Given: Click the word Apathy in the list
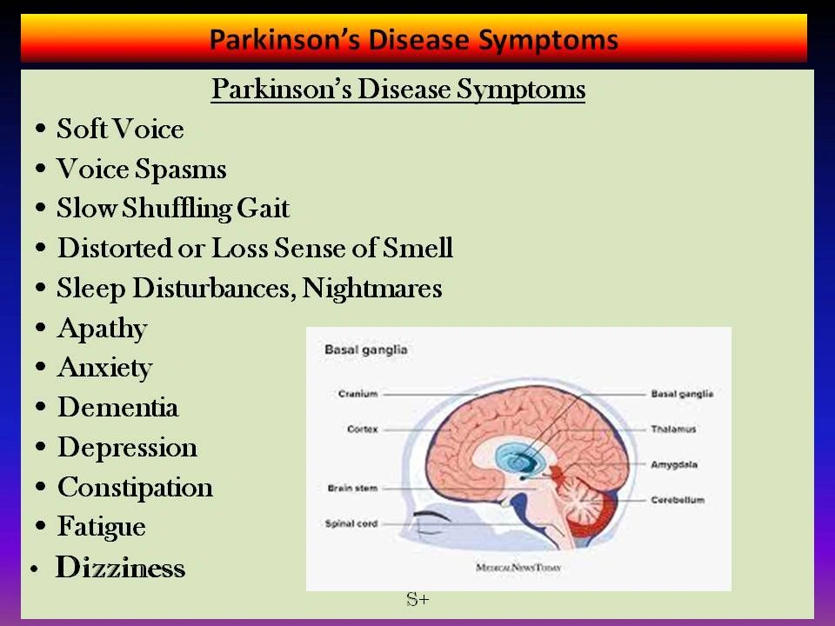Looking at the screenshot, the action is (x=103, y=329).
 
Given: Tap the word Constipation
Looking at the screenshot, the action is (x=136, y=488).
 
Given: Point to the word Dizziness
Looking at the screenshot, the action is (x=120, y=567).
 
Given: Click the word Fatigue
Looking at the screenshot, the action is (x=101, y=527).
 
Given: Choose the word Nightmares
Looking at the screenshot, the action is (x=371, y=289).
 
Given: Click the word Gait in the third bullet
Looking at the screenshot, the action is (x=263, y=208).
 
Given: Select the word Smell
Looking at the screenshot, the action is (x=417, y=248).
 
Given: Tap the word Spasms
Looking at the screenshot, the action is (x=181, y=170).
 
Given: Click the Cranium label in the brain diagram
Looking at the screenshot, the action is (x=357, y=394).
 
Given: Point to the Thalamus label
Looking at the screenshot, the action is (x=673, y=429).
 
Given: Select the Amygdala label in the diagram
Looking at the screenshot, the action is (x=673, y=464).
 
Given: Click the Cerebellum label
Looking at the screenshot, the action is (x=678, y=500).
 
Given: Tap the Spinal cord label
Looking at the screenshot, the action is (x=351, y=523).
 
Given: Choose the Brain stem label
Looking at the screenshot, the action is (x=352, y=488).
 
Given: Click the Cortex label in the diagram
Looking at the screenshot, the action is (x=362, y=429).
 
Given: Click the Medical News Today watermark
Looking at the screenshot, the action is (x=518, y=568).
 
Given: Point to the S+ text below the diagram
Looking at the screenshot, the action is (x=417, y=599).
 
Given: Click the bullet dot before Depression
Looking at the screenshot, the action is (x=41, y=447).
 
